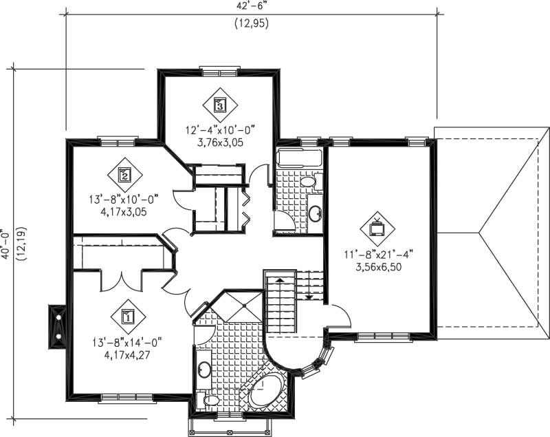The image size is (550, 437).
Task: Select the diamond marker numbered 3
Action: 220,105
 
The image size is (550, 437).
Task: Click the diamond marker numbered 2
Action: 124,175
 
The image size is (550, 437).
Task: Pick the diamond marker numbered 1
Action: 127,316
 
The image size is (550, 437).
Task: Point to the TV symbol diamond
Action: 377,227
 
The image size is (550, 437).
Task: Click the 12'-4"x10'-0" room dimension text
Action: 220,129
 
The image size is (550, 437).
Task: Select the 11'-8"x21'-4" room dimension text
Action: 377,253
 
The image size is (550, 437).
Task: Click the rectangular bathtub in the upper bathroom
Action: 300,159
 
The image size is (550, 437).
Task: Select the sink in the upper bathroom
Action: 315,213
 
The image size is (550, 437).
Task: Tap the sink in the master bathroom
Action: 204,371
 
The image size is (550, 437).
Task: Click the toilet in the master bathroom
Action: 210,400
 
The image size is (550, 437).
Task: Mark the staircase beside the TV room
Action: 282,303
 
